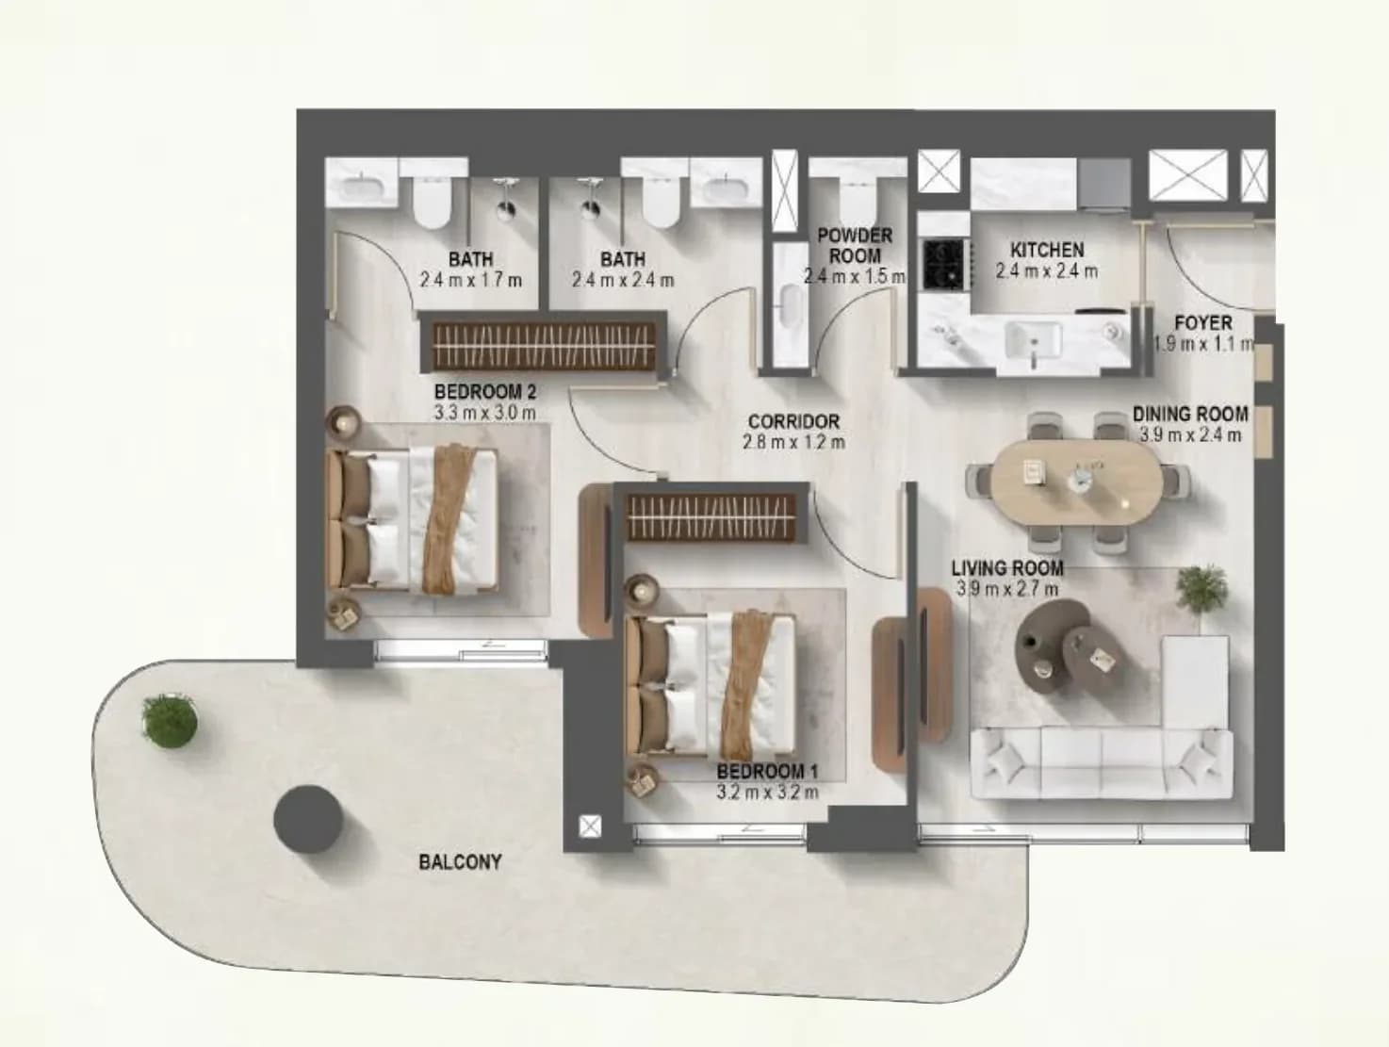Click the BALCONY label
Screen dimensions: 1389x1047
(460, 861)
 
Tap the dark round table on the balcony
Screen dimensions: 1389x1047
(308, 819)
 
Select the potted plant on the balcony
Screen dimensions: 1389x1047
(169, 720)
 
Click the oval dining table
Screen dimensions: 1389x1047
(1077, 483)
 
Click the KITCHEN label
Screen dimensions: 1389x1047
(1047, 249)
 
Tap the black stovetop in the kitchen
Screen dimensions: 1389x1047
(943, 262)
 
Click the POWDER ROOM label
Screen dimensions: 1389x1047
(855, 245)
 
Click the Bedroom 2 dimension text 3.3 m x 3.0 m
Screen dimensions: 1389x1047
(484, 413)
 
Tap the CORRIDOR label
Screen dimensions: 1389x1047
(793, 421)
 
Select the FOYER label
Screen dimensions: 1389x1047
(1203, 323)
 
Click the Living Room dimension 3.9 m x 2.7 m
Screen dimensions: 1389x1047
(1006, 589)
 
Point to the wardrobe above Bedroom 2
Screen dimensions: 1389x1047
(545, 347)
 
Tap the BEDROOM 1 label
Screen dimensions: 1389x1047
(768, 771)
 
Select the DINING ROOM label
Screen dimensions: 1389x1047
(1190, 415)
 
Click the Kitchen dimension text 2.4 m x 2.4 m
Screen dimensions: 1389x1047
(1047, 271)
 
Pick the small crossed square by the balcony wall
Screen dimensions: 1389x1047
(590, 826)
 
